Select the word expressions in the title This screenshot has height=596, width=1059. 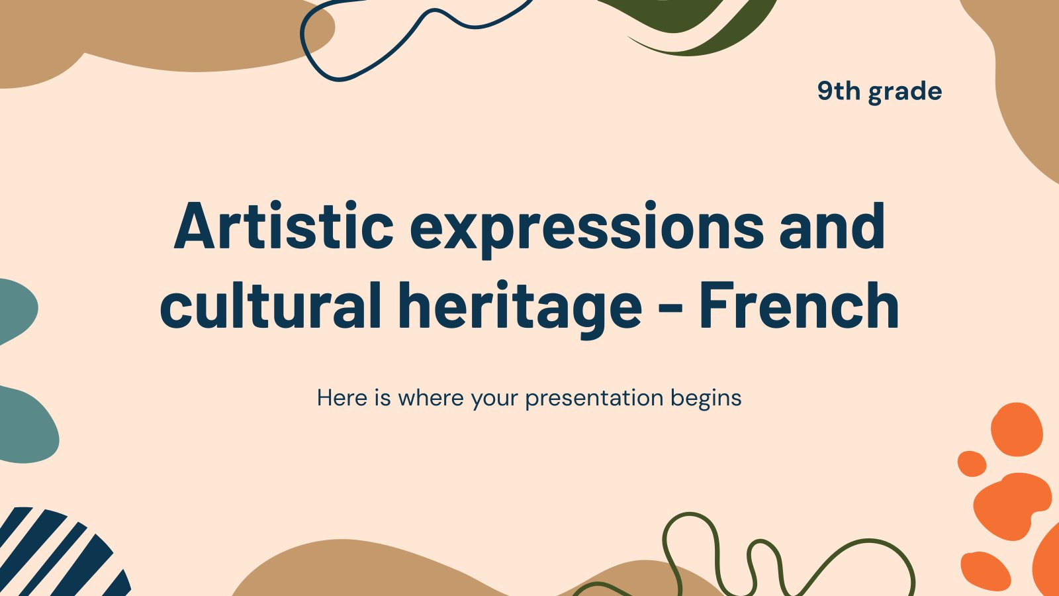[x=586, y=229]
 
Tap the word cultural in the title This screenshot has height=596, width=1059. [x=271, y=305]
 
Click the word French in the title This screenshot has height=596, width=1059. [x=800, y=305]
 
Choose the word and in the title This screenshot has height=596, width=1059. [x=832, y=226]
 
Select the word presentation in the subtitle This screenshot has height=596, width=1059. [x=594, y=399]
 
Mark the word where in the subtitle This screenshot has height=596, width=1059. [x=431, y=398]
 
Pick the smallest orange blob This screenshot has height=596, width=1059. [x=972, y=464]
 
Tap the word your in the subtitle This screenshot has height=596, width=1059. [x=494, y=400]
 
